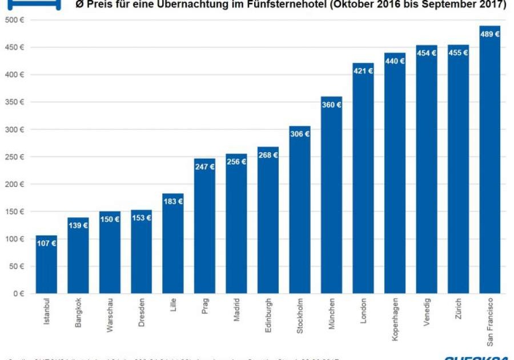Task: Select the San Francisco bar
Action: tap(490, 160)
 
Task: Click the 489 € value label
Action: tap(490, 34)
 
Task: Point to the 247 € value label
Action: tap(204, 167)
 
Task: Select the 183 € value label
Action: tap(173, 202)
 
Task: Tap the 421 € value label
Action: tap(363, 71)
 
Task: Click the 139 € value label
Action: tap(78, 226)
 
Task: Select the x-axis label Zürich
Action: tap(458, 309)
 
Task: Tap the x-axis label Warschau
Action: tap(110, 314)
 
